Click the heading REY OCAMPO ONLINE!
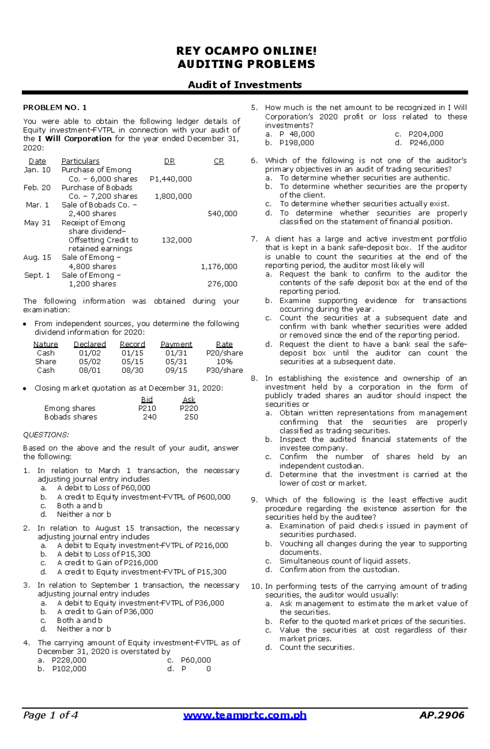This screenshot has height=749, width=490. click(246, 51)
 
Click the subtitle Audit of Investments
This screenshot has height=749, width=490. click(245, 84)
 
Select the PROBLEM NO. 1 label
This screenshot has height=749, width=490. click(55, 108)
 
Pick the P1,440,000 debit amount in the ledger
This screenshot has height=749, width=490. click(171, 179)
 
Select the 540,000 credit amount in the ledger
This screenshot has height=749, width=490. click(222, 213)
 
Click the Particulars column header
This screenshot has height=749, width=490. click(80, 161)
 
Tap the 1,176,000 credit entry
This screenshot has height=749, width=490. click(219, 267)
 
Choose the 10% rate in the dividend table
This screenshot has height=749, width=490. click(224, 362)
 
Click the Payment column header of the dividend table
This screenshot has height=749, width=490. click(176, 344)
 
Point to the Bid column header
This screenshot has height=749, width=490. click(147, 400)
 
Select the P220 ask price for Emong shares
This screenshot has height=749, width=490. click(189, 408)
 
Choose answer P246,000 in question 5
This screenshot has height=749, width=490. click(426, 143)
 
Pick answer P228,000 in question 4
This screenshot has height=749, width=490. click(69, 660)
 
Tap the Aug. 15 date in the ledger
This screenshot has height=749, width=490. click(37, 258)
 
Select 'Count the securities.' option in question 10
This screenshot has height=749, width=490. click(317, 647)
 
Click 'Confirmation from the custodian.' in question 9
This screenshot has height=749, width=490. click(339, 569)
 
